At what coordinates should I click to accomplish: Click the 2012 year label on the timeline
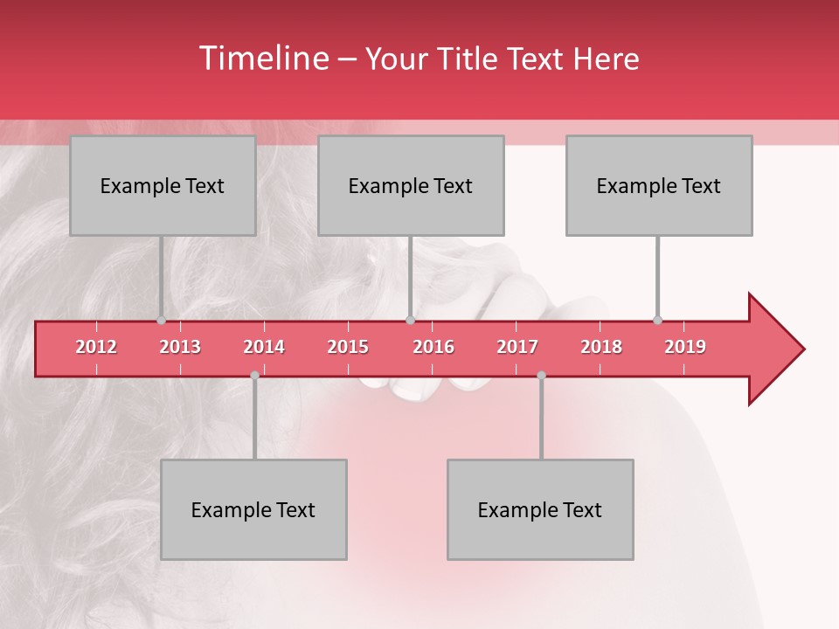click(x=96, y=347)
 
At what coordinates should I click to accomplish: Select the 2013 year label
click(x=180, y=347)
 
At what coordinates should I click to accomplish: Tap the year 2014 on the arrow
click(x=264, y=347)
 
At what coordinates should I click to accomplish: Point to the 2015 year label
click(x=348, y=347)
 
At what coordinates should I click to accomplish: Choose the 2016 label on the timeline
click(x=433, y=347)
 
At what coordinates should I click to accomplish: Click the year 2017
click(x=517, y=347)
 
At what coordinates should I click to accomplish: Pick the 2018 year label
click(x=601, y=347)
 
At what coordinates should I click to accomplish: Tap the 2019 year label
click(x=685, y=347)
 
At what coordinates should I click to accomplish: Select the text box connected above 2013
click(x=163, y=185)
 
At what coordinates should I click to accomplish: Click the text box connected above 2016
click(x=411, y=185)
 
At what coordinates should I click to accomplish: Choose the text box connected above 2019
click(x=659, y=185)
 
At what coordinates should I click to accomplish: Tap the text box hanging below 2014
click(x=253, y=509)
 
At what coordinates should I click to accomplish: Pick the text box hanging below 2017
click(x=540, y=509)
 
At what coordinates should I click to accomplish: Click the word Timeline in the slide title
click(x=263, y=59)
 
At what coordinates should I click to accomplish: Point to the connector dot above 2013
click(x=161, y=321)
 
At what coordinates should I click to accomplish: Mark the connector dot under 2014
click(x=254, y=376)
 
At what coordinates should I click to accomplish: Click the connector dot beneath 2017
click(x=541, y=376)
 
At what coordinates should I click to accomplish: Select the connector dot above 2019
click(x=657, y=321)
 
